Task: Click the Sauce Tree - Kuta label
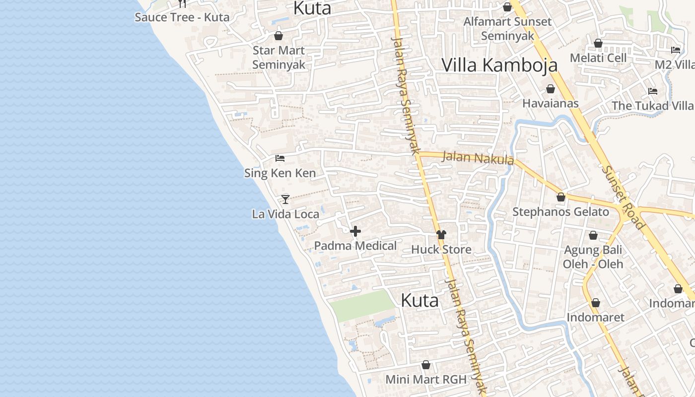(182, 17)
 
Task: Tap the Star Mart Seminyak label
(278, 58)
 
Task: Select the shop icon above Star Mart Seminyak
(278, 36)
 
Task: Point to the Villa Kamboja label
(499, 65)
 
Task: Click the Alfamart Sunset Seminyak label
(507, 29)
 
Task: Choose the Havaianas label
(551, 103)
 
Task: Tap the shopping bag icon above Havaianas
(551, 89)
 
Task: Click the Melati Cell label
(598, 58)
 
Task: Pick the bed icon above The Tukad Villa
(653, 91)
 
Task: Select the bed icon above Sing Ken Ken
(280, 159)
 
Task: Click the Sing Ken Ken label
(280, 173)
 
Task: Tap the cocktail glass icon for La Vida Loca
(285, 199)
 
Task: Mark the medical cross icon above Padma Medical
(355, 231)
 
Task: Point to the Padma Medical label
(355, 246)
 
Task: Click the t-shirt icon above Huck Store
(441, 235)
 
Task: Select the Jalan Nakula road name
(478, 158)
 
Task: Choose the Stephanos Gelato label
(560, 212)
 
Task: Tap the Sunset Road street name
(623, 197)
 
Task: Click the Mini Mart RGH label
(426, 380)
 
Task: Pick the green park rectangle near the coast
(362, 305)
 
